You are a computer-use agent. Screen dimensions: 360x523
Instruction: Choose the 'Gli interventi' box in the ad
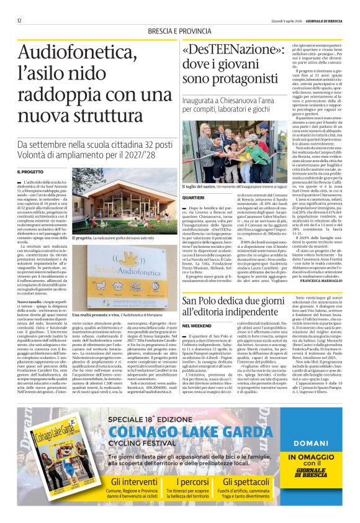coord(134,489)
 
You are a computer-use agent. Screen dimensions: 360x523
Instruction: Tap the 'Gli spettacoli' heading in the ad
coord(246,481)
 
